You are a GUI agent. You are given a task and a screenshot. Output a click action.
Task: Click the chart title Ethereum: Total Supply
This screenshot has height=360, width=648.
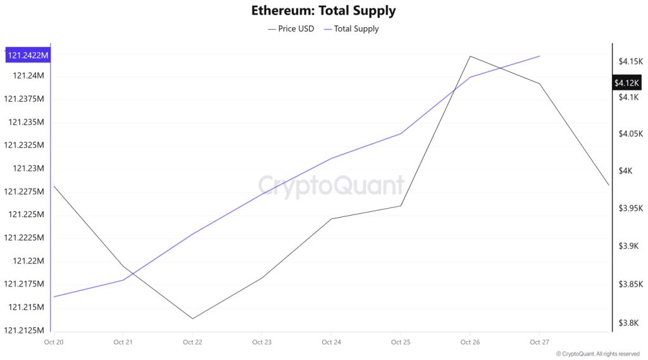[x=323, y=11]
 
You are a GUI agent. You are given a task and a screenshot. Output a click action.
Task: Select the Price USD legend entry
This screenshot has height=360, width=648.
[x=291, y=28]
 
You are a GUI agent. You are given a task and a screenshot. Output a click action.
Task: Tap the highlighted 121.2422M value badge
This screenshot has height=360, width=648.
[x=28, y=56]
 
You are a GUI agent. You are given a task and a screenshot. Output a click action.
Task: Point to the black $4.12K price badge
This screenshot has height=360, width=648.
[x=626, y=83]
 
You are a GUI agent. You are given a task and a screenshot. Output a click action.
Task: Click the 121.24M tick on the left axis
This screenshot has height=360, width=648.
[x=28, y=76]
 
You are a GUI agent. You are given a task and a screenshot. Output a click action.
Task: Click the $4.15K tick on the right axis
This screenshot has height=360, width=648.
[x=630, y=61]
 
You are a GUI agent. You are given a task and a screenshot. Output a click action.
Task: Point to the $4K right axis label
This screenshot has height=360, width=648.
[x=626, y=171]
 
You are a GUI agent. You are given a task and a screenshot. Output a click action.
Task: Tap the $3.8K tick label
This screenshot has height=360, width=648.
[x=628, y=323]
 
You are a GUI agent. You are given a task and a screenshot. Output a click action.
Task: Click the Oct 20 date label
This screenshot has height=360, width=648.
[x=53, y=342]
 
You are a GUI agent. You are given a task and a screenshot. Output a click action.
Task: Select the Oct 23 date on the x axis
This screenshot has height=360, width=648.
[x=261, y=342]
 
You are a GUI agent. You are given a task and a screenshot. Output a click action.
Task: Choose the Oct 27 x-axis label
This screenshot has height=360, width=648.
[x=539, y=342]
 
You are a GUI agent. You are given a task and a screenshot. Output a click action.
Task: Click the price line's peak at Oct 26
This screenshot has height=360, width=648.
[x=470, y=56]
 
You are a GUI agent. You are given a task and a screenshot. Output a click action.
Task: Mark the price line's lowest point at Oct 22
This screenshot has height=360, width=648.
[x=192, y=319]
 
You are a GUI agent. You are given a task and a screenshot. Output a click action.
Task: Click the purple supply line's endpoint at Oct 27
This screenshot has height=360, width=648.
[x=539, y=56]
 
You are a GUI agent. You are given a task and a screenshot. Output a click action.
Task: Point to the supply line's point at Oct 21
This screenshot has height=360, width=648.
[x=123, y=280]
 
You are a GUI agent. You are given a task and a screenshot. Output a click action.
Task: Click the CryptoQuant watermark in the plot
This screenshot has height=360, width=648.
[x=331, y=186]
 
